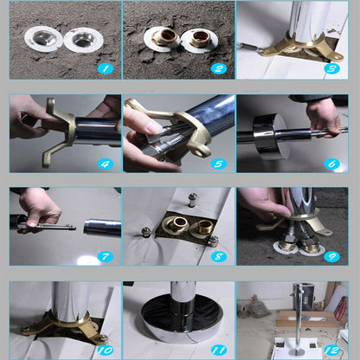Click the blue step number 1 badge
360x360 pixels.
106,68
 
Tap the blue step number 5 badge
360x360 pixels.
219,164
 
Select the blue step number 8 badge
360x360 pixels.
219,256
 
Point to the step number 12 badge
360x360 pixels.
332,350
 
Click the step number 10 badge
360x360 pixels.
105,350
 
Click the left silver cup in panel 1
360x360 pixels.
44,39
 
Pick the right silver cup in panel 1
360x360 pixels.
83,40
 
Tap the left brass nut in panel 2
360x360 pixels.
164,38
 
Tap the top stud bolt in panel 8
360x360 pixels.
192,200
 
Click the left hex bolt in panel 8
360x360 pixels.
146,232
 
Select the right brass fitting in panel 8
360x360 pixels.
204,227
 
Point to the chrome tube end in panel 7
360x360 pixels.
102,227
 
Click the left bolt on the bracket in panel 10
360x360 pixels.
27,328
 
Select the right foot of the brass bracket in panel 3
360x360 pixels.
335,55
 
